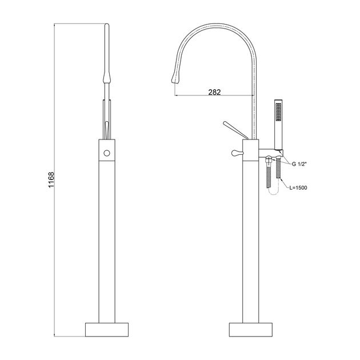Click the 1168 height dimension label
tap(51, 179)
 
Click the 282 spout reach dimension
tap(214, 92)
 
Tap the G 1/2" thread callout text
tap(299, 164)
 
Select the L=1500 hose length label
tap(298, 188)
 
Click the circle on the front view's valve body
tap(107, 153)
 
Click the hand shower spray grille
tap(278, 112)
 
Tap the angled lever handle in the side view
tap(235, 130)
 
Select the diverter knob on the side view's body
tap(237, 153)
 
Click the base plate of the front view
tap(107, 330)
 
